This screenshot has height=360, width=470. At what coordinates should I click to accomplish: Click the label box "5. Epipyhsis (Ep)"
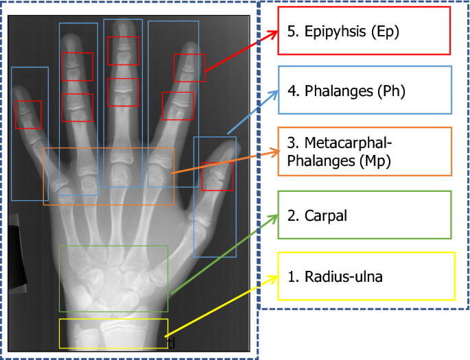coord(364,31)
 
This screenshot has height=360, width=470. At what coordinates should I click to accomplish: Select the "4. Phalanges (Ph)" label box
coord(364,90)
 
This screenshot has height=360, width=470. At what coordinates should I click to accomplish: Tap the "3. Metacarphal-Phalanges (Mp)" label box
coord(364,151)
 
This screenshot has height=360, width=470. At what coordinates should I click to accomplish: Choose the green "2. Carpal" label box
coord(364,215)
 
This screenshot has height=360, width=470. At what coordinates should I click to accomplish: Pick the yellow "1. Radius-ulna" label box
coord(366,276)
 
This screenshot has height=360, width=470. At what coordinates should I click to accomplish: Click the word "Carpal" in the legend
coord(325,215)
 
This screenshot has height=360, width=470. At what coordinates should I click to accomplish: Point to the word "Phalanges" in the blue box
coord(339,91)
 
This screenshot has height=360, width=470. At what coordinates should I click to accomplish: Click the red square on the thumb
coord(217,176)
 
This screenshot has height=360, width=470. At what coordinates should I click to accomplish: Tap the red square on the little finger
coord(28,115)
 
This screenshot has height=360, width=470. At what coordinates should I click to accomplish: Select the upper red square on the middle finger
coord(123,51)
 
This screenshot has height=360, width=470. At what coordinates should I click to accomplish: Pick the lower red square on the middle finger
coord(123,92)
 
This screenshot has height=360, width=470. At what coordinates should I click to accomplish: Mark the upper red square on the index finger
coord(189,67)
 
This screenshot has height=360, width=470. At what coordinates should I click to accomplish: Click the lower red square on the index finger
coord(178,106)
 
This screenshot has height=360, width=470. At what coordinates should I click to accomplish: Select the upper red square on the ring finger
coord(77,67)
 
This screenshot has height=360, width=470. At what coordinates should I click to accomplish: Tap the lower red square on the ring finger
coord(77,108)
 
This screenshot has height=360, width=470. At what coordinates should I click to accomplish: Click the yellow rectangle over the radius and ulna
coord(113,333)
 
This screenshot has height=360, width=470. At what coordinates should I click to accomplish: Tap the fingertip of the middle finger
coord(124,25)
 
